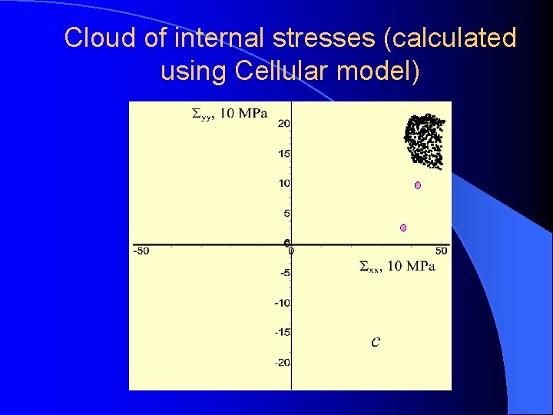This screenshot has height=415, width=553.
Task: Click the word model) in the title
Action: [x=379, y=71]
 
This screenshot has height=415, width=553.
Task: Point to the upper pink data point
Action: [x=418, y=185]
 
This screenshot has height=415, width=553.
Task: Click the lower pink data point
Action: [x=403, y=227]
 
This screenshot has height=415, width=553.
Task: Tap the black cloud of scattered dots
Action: [x=424, y=140]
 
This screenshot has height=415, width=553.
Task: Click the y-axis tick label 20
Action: [x=283, y=124]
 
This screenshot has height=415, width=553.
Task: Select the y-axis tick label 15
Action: [x=283, y=154]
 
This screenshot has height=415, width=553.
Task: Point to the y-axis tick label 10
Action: [x=283, y=183]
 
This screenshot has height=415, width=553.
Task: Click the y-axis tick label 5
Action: [x=286, y=214]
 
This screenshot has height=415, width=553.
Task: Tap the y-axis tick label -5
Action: [x=283, y=273]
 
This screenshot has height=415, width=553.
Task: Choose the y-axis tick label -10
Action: [x=282, y=303]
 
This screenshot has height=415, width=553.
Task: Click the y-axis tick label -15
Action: [x=282, y=332]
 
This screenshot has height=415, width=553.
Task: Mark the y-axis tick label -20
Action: [x=282, y=362]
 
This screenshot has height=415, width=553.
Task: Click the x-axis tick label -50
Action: [x=141, y=251]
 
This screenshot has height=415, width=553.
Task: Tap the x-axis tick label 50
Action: [x=441, y=251]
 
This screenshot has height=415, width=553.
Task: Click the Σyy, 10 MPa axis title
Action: [x=229, y=115]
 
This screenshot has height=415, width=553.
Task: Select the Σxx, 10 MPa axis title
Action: [x=397, y=267]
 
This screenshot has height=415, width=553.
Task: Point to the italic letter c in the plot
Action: [x=375, y=341]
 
